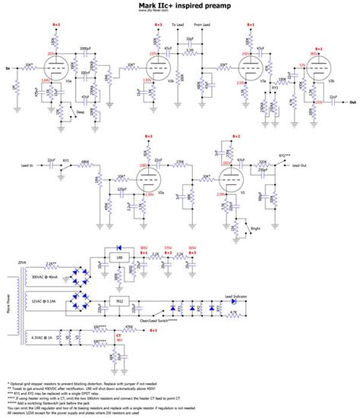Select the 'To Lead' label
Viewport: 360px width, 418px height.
pyautogui.click(x=178, y=26)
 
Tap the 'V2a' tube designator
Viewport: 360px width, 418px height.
pyautogui.click(x=163, y=193)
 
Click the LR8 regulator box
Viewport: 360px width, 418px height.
pyautogui.click(x=120, y=259)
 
